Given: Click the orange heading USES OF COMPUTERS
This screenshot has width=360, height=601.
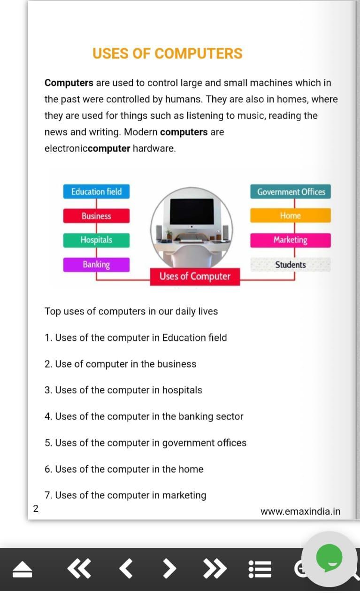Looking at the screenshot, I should pyautogui.click(x=167, y=54).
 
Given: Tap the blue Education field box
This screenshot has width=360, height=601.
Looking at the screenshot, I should pyautogui.click(x=96, y=192).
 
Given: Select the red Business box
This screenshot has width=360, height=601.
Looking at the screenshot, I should pyautogui.click(x=96, y=216).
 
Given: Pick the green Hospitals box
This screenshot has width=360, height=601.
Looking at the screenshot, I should pyautogui.click(x=96, y=240).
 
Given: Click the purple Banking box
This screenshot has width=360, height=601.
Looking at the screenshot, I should pyautogui.click(x=96, y=264).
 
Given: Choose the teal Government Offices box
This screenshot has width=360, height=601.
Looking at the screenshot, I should pyautogui.click(x=291, y=192).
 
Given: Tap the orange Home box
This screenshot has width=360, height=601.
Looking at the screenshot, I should pyautogui.click(x=291, y=216).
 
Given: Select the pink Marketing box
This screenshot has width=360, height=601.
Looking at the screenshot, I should pyautogui.click(x=291, y=240).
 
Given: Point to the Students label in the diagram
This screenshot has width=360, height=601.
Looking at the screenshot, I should pyautogui.click(x=291, y=265).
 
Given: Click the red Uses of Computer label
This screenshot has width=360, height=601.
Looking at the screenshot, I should pyautogui.click(x=195, y=277).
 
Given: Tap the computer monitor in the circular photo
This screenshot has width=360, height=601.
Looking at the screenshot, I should pyautogui.click(x=191, y=212).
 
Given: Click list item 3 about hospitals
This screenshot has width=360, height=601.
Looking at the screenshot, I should pyautogui.click(x=123, y=390).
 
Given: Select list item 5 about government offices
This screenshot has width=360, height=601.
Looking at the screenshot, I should pyautogui.click(x=146, y=443).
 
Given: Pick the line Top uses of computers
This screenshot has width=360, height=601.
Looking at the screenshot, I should pyautogui.click(x=131, y=311).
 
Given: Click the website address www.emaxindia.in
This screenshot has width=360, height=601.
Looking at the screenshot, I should pyautogui.click(x=300, y=512).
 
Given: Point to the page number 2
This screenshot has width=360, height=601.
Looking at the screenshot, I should pyautogui.click(x=36, y=509).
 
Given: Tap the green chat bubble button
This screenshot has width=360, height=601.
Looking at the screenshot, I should pyautogui.click(x=329, y=558).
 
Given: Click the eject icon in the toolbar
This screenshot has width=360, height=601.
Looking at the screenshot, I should pyautogui.click(x=22, y=570).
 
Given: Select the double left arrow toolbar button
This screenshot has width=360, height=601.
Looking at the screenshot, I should pyautogui.click(x=78, y=569).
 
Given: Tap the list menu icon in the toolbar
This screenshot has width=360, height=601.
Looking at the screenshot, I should pyautogui.click(x=260, y=569).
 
